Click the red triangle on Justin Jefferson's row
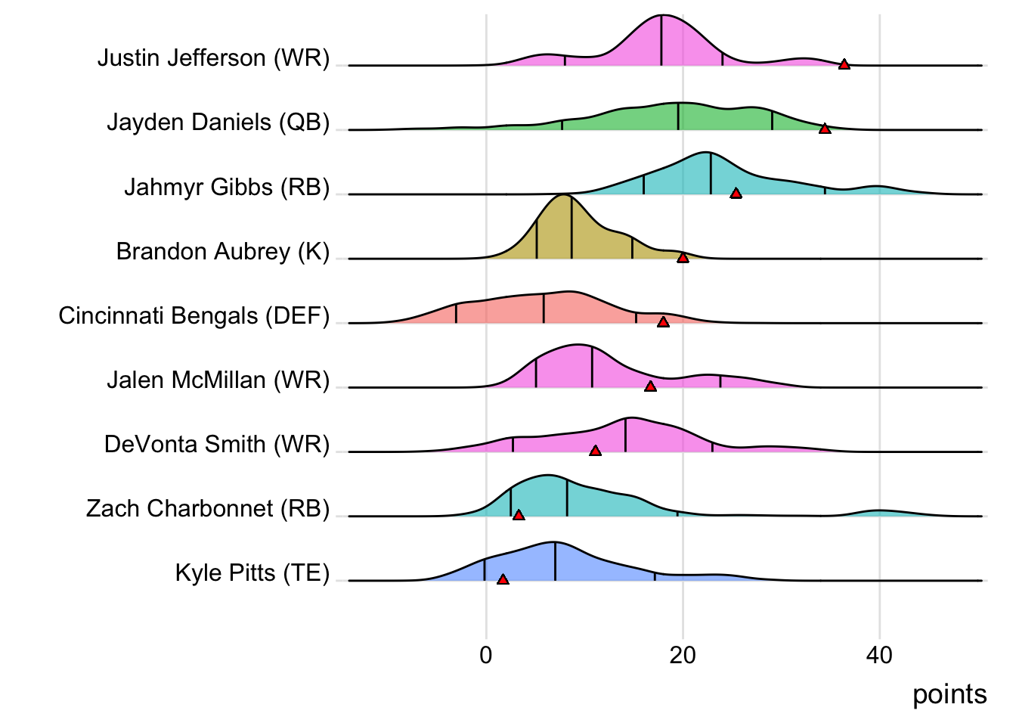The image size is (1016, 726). (x=844, y=64)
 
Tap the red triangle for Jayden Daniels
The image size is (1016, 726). (x=825, y=129)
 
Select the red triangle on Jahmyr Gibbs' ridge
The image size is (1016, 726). (x=736, y=194)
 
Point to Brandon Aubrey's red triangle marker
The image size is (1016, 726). (x=683, y=258)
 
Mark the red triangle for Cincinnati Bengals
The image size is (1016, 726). (x=663, y=322)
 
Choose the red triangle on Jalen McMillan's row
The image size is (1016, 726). (x=650, y=386)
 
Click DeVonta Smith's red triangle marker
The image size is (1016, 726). (x=595, y=451)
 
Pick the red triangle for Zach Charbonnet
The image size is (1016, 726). (x=519, y=515)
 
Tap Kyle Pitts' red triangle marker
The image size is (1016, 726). (x=503, y=579)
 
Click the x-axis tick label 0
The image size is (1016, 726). (x=485, y=655)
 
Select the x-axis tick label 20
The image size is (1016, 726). (x=683, y=655)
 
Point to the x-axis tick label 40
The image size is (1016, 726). (x=879, y=655)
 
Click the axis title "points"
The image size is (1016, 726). (x=949, y=694)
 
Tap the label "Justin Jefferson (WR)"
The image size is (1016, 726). (x=213, y=58)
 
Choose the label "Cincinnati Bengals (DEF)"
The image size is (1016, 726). (x=194, y=315)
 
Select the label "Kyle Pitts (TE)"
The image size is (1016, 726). (x=252, y=573)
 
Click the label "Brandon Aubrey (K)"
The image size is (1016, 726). (x=223, y=251)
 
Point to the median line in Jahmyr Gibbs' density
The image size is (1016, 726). (x=711, y=174)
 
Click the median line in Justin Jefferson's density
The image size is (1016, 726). (x=661, y=42)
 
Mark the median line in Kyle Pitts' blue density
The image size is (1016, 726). (x=555, y=562)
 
